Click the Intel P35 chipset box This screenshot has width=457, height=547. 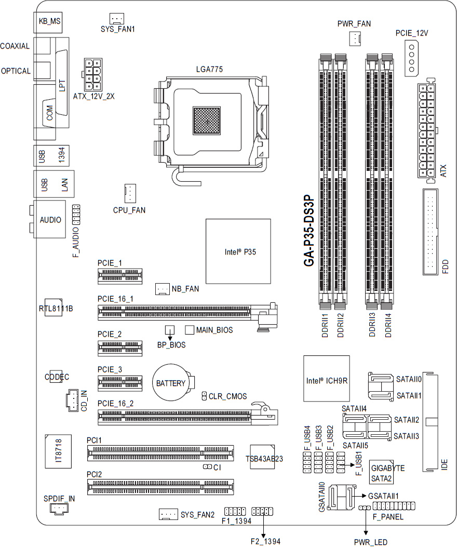[238, 251]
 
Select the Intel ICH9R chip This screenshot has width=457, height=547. [327, 379]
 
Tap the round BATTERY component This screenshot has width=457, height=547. [171, 383]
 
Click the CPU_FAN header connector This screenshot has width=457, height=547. [130, 194]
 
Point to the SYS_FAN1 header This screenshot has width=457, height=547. [117, 19]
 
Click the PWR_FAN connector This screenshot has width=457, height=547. [355, 38]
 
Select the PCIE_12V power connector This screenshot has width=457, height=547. [412, 58]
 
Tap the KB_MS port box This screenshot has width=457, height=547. [49, 21]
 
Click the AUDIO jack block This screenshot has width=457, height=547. [49, 219]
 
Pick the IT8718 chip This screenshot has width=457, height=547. [58, 451]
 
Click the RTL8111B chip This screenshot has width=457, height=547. [53, 308]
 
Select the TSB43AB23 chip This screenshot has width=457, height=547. [262, 457]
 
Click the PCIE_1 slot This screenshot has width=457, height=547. [120, 276]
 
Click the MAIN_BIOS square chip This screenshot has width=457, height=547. [190, 330]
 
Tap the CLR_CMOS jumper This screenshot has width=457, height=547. [205, 396]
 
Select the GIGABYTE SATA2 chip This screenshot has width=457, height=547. [382, 472]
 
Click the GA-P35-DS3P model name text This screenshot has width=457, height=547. [309, 231]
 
